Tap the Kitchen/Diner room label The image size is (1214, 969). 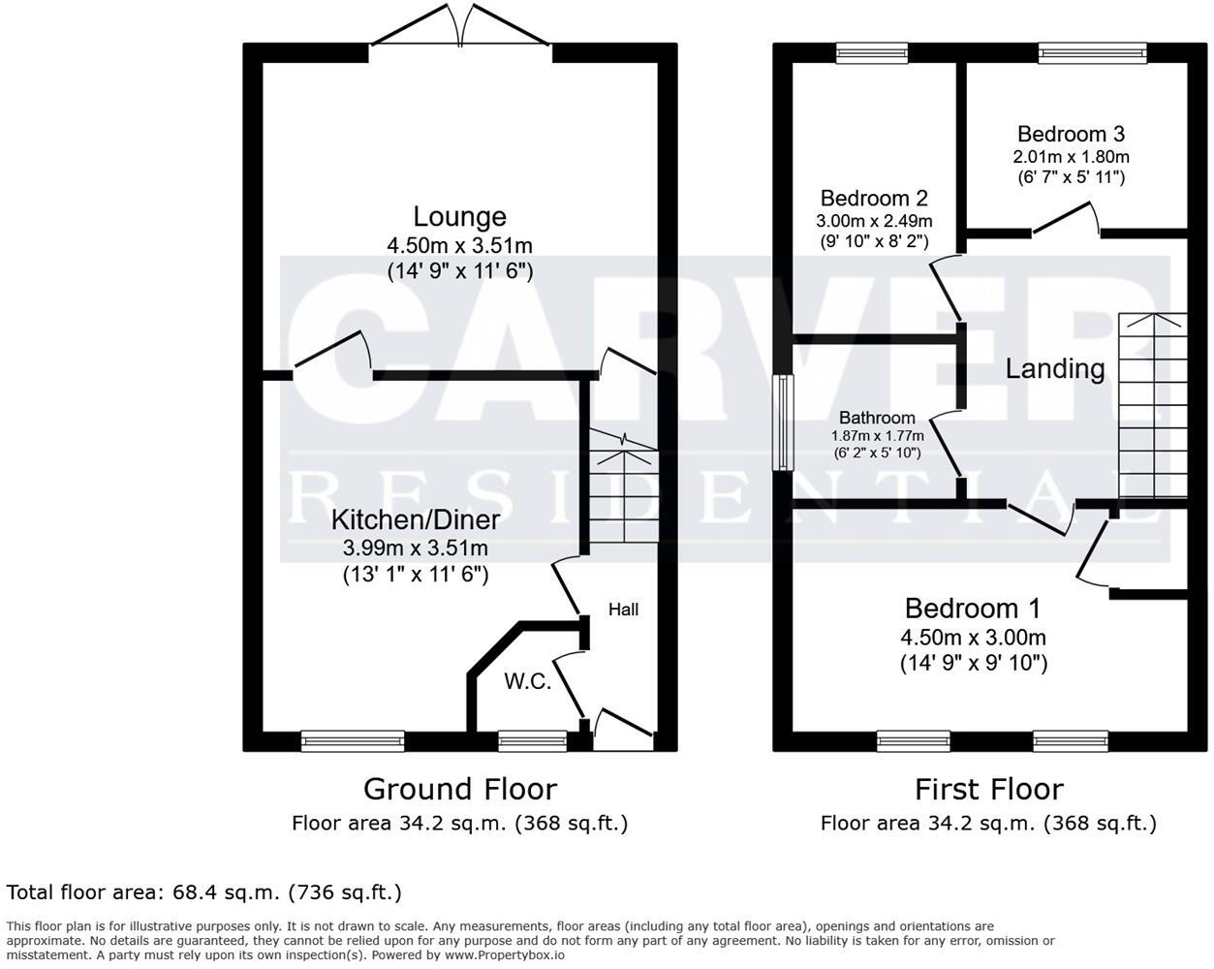click(416, 519)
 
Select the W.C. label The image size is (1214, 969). click(527, 681)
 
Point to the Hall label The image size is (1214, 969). click(623, 610)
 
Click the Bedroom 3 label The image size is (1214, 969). click(1071, 134)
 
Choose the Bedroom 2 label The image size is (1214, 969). click(874, 199)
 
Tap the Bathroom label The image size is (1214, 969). click(877, 418)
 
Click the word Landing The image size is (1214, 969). click(1054, 368)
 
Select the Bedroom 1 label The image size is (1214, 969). click(973, 609)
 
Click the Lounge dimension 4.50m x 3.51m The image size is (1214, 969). click(459, 245)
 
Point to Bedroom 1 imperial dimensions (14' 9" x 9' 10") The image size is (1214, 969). click(973, 664)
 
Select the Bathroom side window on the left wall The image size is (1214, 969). click(783, 422)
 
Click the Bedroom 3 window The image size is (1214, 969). click(1092, 54)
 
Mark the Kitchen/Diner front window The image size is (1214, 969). click(353, 741)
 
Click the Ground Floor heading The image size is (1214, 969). click(459, 789)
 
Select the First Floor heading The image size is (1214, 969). click(988, 789)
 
